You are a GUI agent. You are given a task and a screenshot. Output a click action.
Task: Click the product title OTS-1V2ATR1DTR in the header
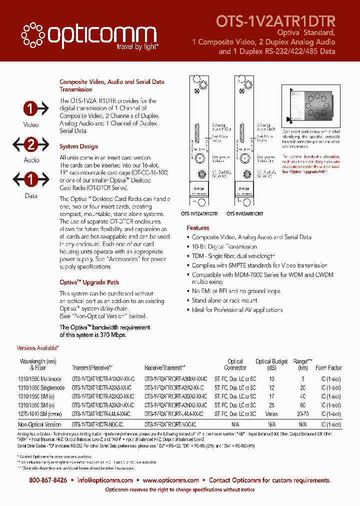275,20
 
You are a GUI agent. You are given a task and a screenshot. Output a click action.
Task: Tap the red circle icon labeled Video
31,108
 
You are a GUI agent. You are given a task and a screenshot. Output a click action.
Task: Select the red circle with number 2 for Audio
31,145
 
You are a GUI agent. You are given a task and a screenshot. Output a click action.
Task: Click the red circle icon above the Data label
31,179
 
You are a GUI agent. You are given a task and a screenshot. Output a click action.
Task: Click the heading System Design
78,147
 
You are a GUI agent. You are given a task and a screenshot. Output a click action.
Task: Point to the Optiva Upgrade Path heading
89,282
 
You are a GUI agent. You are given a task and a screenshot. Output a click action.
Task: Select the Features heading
198,228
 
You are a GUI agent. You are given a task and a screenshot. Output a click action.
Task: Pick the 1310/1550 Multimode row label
40,379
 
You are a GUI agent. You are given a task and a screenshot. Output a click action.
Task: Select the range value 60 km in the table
303,405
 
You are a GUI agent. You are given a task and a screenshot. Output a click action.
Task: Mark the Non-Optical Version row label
39,424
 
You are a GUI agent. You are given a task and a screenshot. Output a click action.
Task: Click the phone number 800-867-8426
48,480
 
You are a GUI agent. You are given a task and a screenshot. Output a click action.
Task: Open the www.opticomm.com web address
170,480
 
